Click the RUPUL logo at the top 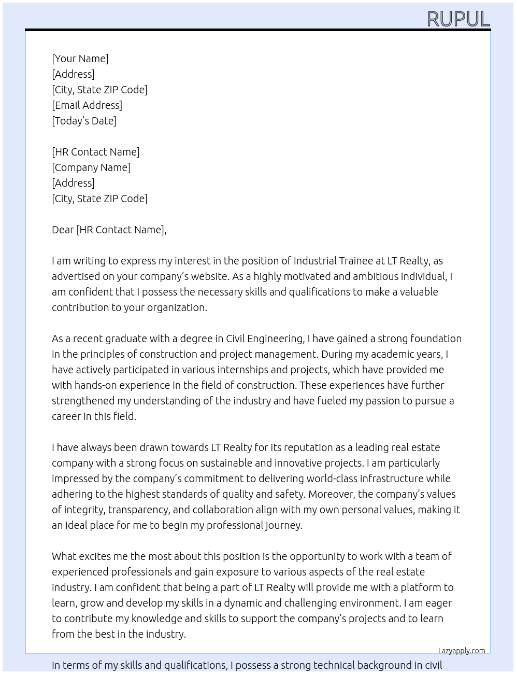[458, 19]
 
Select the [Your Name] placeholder [80, 59]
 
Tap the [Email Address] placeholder [87, 105]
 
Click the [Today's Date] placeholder [84, 121]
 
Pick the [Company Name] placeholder [91, 167]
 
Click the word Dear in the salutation [63, 230]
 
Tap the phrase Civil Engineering [264, 339]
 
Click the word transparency [139, 510]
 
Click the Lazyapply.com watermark [462, 651]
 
